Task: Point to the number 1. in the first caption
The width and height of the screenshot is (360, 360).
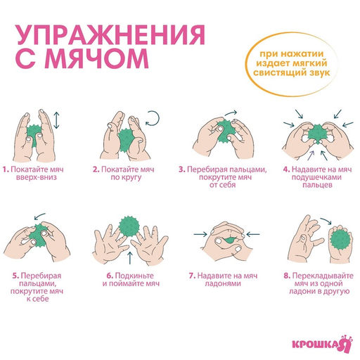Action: (6, 169)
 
